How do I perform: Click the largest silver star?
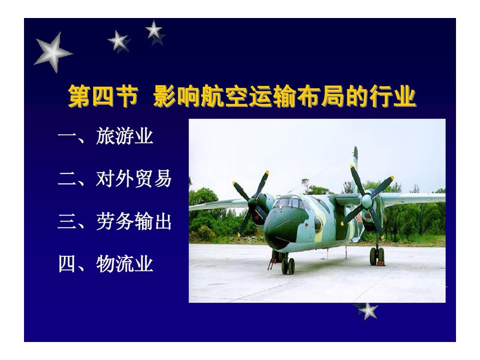coord(52,52)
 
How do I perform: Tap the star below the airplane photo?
coord(367,311)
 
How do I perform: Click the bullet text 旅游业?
coord(124,136)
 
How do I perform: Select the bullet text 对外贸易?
coord(134,178)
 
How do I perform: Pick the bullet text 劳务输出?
coord(134,221)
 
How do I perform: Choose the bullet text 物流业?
coord(124,264)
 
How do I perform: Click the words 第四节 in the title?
coord(103,96)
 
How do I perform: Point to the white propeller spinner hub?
coord(366,201)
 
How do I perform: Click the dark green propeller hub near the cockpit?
coord(253,202)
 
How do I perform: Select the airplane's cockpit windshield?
coord(289,202)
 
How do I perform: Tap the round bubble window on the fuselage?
coord(318,224)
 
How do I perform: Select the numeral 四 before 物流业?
coord(66,264)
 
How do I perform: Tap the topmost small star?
coord(153,30)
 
